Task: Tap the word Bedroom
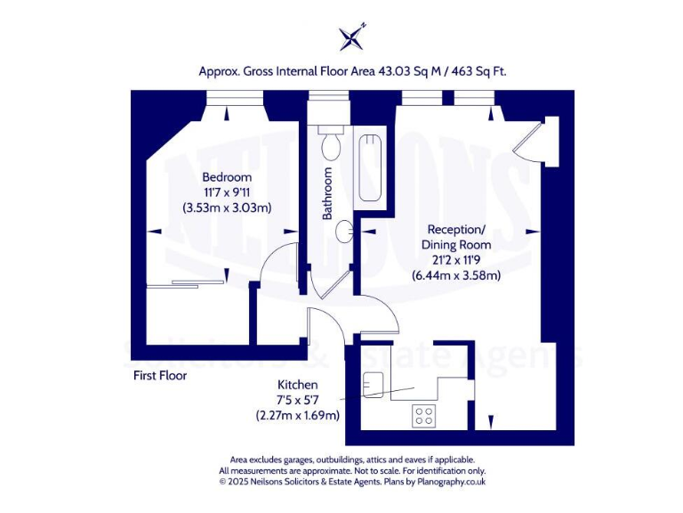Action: pyautogui.click(x=227, y=177)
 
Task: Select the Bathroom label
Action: pyautogui.click(x=327, y=193)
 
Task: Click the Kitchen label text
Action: pyautogui.click(x=297, y=384)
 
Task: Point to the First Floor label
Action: pyautogui.click(x=160, y=375)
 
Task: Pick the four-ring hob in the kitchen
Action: pyautogui.click(x=422, y=414)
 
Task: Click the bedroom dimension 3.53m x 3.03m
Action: pyautogui.click(x=227, y=208)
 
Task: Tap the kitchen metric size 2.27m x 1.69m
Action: pyautogui.click(x=297, y=415)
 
